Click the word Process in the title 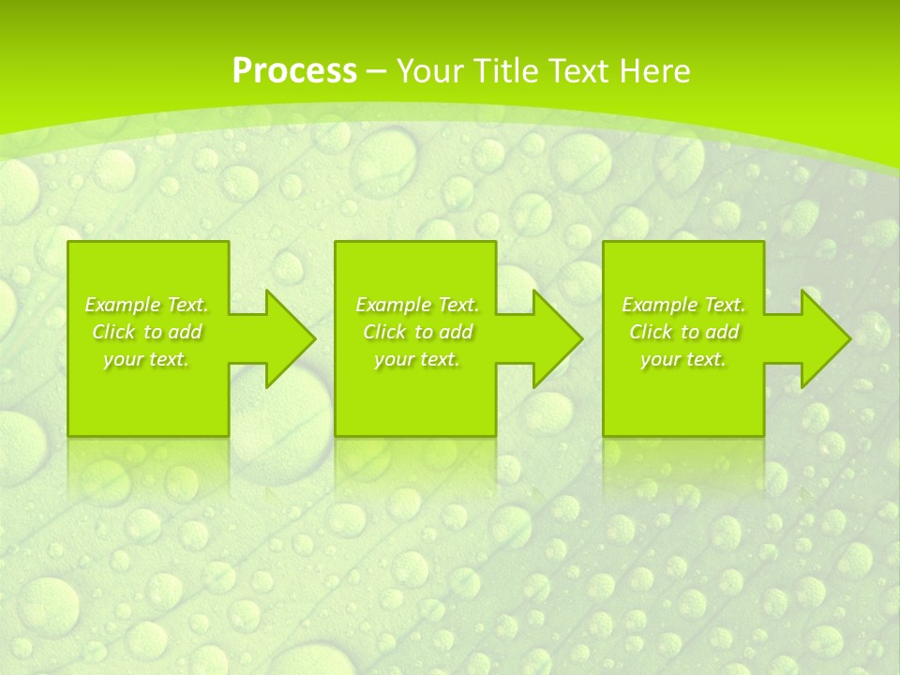point(294,71)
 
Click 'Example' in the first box point(122,305)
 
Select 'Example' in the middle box point(393,305)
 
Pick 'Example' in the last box point(659,305)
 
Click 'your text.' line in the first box point(146,359)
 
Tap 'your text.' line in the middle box point(416,359)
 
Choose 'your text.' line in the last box point(682,359)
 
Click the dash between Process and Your point(377,71)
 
